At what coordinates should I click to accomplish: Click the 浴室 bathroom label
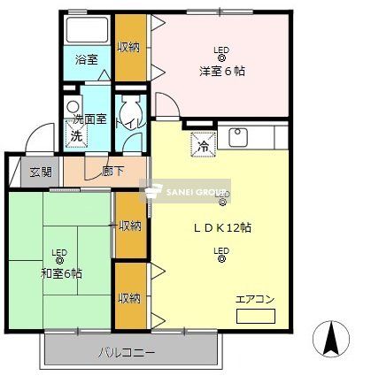(x=86, y=60)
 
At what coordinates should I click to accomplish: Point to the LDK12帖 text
(x=222, y=227)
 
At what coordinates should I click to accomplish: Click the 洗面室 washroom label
(x=89, y=119)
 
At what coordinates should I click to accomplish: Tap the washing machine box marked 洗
(x=76, y=137)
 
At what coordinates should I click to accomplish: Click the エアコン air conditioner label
(x=255, y=299)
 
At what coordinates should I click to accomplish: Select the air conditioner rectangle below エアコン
(x=256, y=315)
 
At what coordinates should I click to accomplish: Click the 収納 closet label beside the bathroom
(x=128, y=48)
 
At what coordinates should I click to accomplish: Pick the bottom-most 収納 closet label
(x=129, y=298)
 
